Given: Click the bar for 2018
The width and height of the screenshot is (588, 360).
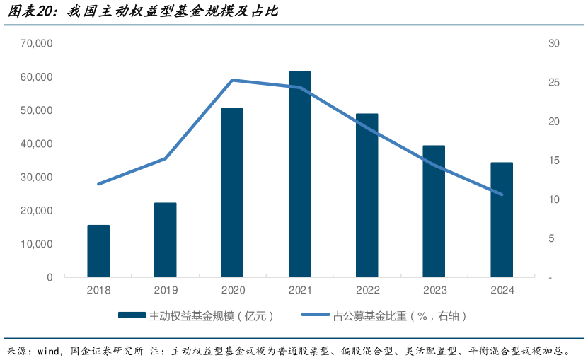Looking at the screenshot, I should tap(98, 251).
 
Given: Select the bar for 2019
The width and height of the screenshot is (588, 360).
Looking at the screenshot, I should tap(166, 240).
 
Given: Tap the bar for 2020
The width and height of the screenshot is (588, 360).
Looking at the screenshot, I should tap(232, 192).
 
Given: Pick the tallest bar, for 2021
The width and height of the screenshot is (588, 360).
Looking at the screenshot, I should tap(300, 174).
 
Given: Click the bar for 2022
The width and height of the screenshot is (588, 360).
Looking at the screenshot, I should tap(367, 195).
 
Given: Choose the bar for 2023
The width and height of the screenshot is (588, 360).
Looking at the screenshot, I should tap(434, 211).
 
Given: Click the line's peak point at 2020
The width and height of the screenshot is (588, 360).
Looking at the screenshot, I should tap(233, 80).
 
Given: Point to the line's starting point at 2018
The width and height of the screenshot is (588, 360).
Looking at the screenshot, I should tap(98, 184).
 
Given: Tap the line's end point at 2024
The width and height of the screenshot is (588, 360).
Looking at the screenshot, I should tap(502, 194).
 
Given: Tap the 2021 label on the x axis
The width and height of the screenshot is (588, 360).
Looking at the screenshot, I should tap(300, 290).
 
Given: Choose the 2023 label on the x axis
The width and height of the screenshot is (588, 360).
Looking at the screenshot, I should tap(434, 290).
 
